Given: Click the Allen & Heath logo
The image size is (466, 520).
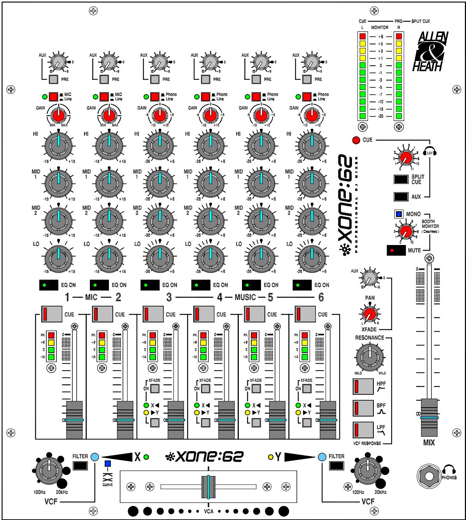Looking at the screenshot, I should click(x=433, y=51).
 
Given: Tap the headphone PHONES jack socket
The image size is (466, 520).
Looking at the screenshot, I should click(x=429, y=476).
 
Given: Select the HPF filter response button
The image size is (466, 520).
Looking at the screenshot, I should click(x=363, y=387).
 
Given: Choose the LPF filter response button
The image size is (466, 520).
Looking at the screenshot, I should click(x=363, y=431).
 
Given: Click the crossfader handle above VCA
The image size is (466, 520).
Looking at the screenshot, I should click(x=208, y=486).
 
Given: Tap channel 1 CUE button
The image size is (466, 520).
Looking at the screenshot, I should click(x=51, y=314).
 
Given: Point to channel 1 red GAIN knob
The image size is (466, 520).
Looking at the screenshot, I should click(x=58, y=115).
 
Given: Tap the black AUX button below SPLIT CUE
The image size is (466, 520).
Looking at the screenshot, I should click(x=401, y=197).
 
